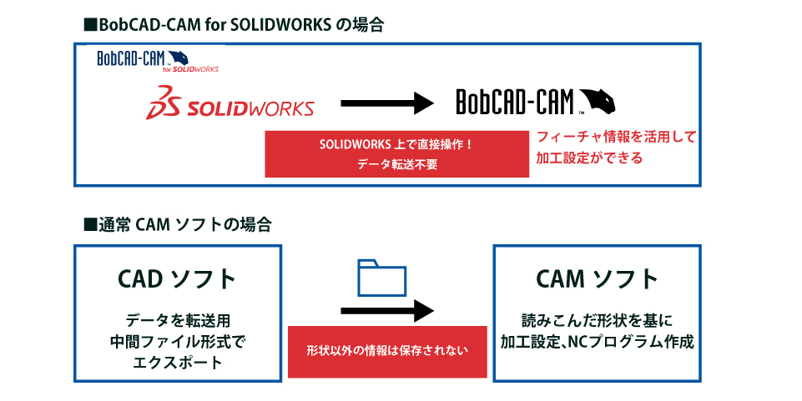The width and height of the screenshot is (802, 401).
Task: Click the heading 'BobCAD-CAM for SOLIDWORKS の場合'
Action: tap(235, 24)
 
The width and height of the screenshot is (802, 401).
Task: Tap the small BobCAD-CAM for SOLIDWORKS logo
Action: tap(159, 61)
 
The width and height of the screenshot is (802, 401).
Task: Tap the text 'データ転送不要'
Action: tap(396, 164)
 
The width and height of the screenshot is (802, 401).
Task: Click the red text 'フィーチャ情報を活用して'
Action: tap(616, 135)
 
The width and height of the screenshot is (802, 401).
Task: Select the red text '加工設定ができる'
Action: tap(589, 157)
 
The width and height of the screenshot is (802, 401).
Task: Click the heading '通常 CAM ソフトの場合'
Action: tap(177, 224)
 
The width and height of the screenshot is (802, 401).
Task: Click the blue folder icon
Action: tap(381, 278)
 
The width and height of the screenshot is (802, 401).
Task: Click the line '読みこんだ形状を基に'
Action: tap(598, 321)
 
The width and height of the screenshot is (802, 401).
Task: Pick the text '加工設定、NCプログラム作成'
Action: tap(598, 342)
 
